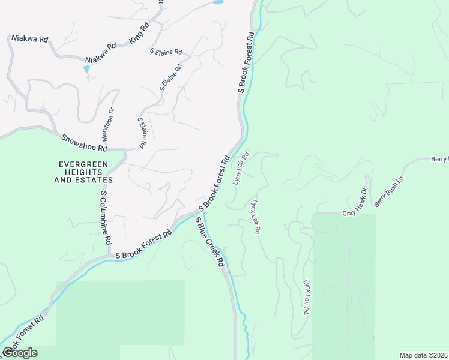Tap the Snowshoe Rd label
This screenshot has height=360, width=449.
[84, 143]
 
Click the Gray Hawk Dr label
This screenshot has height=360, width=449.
[354, 205]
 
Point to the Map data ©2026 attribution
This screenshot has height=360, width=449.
[424, 355]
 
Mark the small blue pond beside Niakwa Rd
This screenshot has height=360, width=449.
[88, 69]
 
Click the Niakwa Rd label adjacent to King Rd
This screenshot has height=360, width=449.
[100, 55]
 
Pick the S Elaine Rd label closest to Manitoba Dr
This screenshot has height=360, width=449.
[142, 132]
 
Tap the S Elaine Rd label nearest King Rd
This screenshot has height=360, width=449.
[166, 52]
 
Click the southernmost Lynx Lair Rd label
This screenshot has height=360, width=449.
[307, 298]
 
